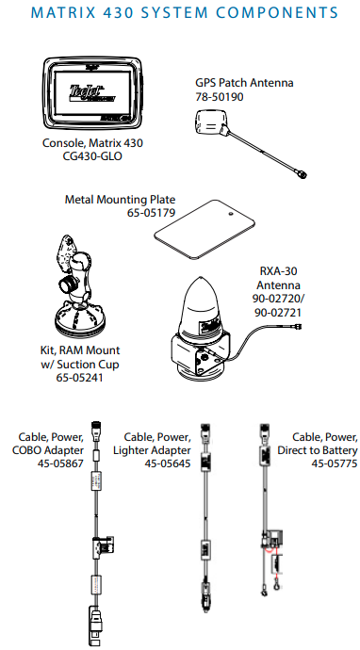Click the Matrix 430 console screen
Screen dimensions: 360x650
click(92, 93)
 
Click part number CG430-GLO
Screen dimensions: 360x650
click(92, 156)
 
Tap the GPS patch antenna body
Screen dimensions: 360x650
click(210, 122)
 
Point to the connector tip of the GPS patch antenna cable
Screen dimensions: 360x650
click(303, 175)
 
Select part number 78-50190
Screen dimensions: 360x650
click(220, 97)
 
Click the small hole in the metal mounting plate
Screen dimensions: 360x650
click(231, 215)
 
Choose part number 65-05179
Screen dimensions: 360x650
click(152, 213)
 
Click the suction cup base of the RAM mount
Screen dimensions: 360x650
click(80, 320)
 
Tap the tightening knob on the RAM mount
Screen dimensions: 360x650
click(66, 285)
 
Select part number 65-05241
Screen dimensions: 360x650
click(79, 378)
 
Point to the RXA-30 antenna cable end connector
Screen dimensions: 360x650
click(297, 327)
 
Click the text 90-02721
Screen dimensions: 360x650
click(278, 312)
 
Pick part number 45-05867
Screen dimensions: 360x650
click(60, 463)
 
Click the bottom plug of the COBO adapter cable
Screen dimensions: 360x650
click(96, 626)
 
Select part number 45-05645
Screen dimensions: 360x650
click(168, 463)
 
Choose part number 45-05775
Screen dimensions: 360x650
click(335, 463)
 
